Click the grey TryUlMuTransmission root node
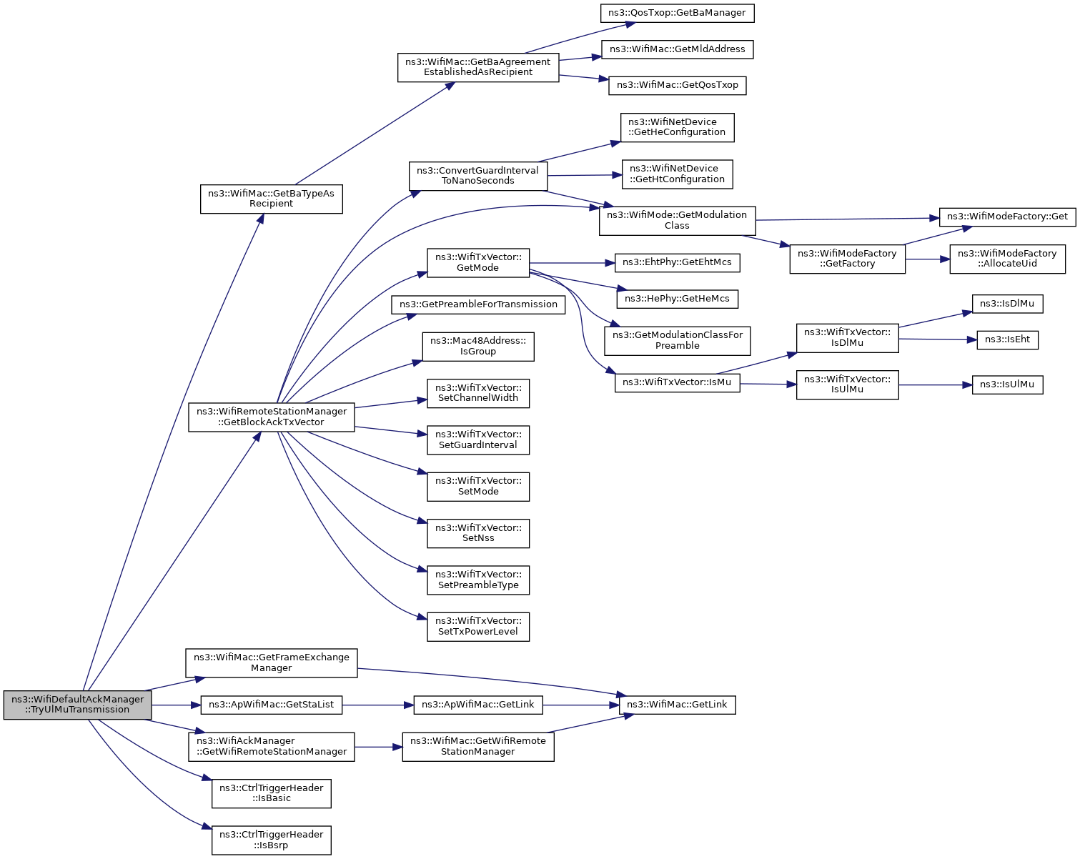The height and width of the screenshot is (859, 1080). click(77, 705)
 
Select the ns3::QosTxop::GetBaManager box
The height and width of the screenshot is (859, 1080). click(677, 13)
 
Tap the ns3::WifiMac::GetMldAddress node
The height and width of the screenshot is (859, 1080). click(677, 50)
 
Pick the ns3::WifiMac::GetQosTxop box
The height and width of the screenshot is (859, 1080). click(677, 86)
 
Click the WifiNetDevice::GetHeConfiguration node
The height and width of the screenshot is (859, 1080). click(677, 127)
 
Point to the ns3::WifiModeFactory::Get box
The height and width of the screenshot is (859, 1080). click(1007, 217)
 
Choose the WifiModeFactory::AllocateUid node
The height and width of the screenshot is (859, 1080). click(1007, 259)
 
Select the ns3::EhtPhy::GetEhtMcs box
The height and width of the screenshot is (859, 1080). click(677, 263)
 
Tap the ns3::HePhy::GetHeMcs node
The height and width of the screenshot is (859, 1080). click(677, 299)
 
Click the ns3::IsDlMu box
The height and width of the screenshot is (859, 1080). click(1007, 304)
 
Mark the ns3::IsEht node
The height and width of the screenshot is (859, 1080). click(1007, 340)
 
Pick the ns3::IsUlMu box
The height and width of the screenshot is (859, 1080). click(1007, 385)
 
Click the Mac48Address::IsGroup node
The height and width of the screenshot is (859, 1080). click(477, 347)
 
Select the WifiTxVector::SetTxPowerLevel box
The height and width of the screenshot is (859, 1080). click(477, 627)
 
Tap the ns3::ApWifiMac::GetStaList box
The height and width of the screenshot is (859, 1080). click(271, 705)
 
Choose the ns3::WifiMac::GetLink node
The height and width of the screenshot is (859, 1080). click(677, 705)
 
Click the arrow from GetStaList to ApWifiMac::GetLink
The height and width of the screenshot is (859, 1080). click(378, 705)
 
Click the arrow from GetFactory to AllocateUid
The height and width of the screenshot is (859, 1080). click(928, 259)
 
